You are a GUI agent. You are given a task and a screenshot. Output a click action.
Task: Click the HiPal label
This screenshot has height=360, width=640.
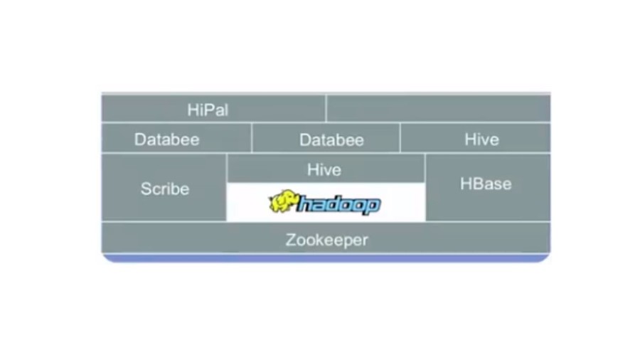208,110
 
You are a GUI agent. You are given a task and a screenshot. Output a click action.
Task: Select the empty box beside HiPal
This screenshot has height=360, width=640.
438,109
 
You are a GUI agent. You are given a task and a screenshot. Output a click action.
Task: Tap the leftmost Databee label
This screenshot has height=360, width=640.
166,139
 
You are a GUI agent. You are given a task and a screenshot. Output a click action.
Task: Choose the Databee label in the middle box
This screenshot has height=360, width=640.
331,139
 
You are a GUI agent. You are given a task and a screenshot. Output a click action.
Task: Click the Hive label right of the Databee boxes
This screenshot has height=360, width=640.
481,139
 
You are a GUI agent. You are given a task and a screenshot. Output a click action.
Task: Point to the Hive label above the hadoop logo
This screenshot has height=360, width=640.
324,170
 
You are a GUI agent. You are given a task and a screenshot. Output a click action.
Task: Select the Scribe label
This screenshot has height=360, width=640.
165,189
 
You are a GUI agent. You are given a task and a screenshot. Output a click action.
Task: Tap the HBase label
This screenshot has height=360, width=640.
486,184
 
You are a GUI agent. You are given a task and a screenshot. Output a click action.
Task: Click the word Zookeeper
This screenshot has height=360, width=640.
326,240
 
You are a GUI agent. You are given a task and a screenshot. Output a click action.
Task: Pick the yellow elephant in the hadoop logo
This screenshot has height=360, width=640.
282,202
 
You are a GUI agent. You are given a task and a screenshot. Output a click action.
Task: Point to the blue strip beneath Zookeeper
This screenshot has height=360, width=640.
326,258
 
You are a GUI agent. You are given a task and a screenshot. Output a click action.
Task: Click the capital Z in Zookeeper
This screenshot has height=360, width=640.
290,240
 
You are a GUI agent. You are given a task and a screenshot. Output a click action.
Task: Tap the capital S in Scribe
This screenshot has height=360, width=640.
146,189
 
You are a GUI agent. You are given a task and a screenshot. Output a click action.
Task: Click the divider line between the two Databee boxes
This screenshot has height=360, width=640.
251,138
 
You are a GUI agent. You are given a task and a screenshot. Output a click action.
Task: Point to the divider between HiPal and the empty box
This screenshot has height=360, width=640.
326,109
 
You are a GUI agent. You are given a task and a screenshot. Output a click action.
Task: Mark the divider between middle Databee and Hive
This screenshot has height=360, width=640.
400,138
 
